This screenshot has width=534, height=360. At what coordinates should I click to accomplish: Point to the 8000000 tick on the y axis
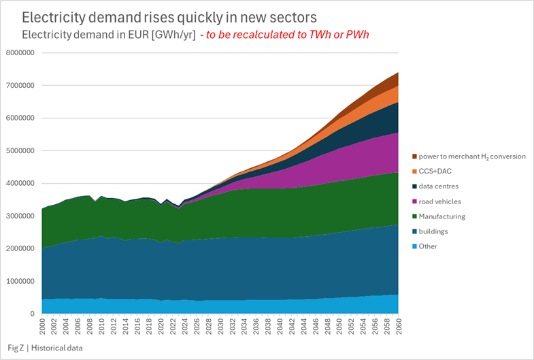[21, 52]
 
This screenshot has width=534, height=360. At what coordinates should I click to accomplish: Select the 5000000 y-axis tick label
[21, 150]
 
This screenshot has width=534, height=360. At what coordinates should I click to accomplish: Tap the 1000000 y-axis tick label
[21, 281]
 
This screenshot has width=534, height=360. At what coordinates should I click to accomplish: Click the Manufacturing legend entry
[442, 216]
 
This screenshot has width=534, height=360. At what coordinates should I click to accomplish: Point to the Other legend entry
[428, 246]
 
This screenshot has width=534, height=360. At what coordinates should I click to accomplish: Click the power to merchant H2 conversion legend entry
[471, 156]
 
